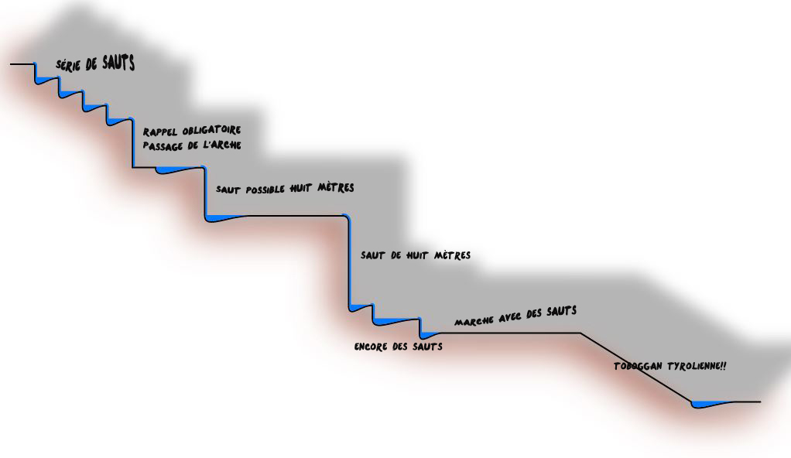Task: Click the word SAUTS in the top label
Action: [x=118, y=63]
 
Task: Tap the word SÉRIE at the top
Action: [x=68, y=66]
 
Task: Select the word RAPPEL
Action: [x=160, y=132]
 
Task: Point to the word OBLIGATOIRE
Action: [x=211, y=131]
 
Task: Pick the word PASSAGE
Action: [x=164, y=146]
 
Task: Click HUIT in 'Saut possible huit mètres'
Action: [x=300, y=189]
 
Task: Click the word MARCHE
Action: [x=474, y=321]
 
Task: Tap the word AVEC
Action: [x=510, y=317]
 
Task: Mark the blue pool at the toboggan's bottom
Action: [x=709, y=404]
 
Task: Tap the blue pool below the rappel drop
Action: [x=176, y=170]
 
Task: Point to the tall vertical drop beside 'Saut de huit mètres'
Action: [x=349, y=261]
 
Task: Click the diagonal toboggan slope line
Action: [x=636, y=367]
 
